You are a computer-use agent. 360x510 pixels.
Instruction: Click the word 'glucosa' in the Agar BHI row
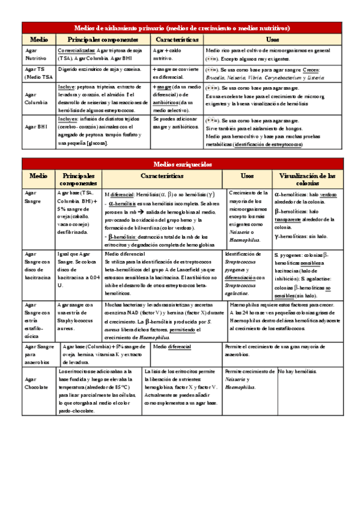(x=96, y=143)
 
